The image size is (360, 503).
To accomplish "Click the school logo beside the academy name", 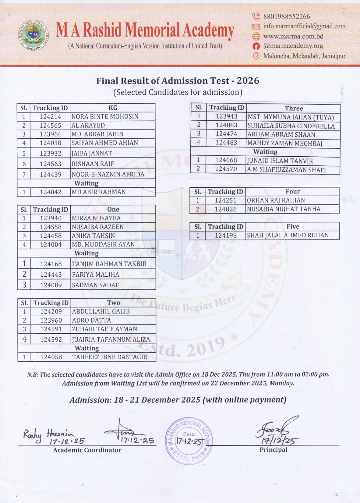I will point(33,35).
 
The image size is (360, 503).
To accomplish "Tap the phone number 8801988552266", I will point(286,16).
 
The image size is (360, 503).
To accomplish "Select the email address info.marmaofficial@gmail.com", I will point(304,26).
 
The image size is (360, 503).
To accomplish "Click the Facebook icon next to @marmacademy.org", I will point(256,46).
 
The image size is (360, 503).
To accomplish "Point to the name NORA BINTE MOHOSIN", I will point(105,117).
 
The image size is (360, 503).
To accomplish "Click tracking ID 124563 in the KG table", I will point(50,164).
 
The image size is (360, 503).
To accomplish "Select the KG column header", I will point(113,108).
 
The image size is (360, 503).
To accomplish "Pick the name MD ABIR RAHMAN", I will point(99,192).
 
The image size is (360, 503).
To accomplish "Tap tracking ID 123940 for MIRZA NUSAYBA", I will point(51,218).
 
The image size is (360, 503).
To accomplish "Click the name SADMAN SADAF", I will point(95,285).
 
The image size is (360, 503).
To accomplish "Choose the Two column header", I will point(113,303).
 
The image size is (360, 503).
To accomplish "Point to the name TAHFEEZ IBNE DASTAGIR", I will point(110,357).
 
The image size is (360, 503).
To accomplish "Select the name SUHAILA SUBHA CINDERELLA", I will point(291,126).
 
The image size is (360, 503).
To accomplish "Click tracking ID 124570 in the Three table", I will point(226,169).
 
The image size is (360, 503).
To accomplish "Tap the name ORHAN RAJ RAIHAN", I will point(276,201).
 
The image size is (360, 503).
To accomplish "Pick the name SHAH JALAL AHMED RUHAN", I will point(288,235).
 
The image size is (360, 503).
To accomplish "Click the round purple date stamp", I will point(189,441).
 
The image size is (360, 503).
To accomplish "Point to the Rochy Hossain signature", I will point(49,435).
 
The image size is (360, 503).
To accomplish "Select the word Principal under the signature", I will point(273,450).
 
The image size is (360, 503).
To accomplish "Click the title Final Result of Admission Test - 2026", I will point(178,81).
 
